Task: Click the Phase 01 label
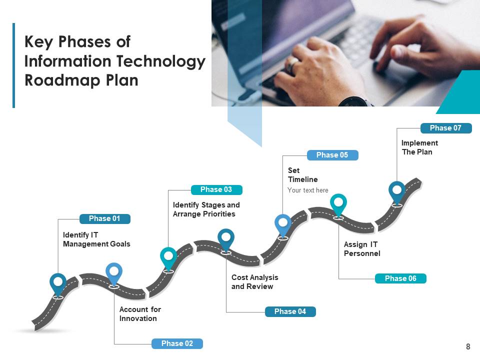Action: tap(104, 218)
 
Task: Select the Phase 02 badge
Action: tap(177, 343)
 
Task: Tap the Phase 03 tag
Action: tap(216, 189)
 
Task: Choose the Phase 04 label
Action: tap(290, 311)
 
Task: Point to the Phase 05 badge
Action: tap(332, 155)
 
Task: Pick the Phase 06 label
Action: tap(400, 278)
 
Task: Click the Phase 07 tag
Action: tap(445, 128)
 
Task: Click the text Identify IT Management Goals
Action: tap(96, 239)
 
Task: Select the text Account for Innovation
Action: tap(140, 314)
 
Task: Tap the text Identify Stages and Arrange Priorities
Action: tap(206, 209)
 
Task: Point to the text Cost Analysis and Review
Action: tap(254, 282)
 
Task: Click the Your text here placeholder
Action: tap(308, 190)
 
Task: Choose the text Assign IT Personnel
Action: tap(362, 249)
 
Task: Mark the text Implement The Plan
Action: tap(419, 147)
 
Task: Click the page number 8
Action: tap(468, 346)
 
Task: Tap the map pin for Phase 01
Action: tap(58, 283)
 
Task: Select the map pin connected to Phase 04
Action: tap(226, 239)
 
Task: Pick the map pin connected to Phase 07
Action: tap(397, 191)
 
